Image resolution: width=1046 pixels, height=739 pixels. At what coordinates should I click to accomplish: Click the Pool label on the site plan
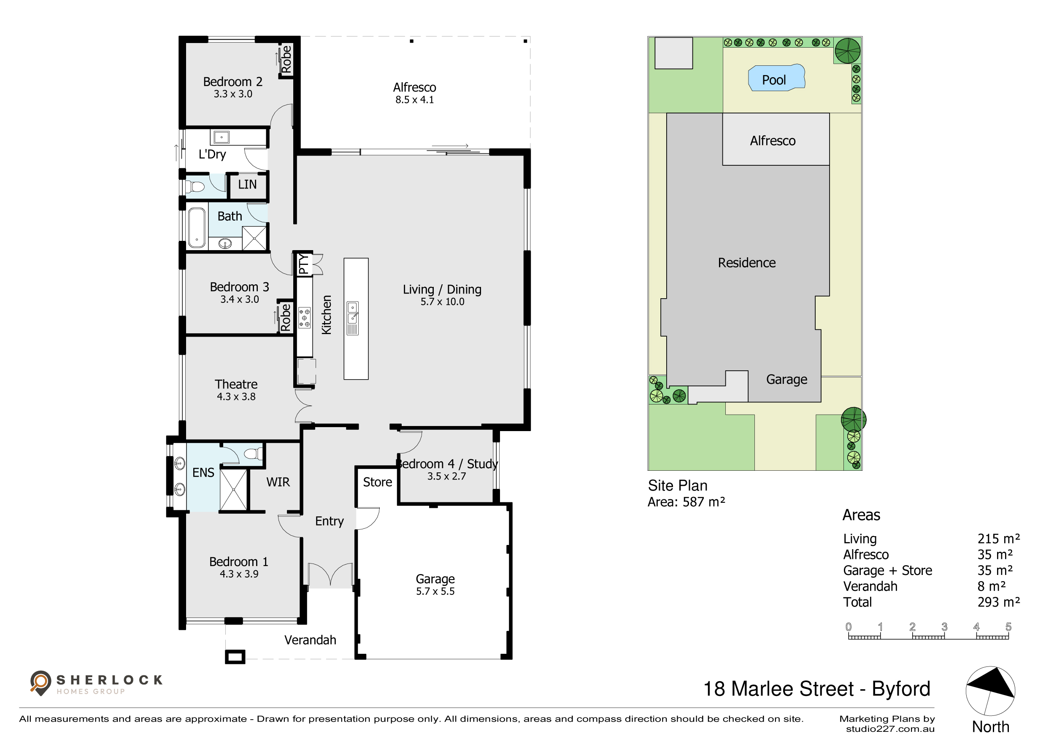point(773,80)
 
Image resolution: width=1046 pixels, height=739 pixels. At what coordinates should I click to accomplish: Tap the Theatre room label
point(236,384)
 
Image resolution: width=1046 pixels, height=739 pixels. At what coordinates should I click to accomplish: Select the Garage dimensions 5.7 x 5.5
point(435,591)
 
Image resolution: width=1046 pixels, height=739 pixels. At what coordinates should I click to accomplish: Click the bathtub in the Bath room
point(197,228)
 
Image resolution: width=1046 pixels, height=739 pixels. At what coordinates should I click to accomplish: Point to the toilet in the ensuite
point(253,453)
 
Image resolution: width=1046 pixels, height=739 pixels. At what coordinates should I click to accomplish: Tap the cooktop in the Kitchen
point(304,318)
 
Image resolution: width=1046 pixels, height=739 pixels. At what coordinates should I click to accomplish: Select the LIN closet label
point(247,184)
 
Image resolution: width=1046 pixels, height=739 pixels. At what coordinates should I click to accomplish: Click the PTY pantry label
point(303,264)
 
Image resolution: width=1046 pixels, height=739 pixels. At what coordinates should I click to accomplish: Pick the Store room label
point(377,482)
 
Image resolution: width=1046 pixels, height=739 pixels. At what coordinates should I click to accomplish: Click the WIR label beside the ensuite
point(278,482)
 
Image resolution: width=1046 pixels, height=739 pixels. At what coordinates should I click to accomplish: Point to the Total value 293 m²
point(998,602)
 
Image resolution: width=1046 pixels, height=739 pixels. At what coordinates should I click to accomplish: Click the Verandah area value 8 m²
point(991,586)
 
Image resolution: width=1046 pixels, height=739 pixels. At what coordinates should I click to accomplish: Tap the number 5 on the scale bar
point(1008,626)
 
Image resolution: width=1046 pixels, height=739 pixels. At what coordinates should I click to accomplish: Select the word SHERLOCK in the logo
point(109,680)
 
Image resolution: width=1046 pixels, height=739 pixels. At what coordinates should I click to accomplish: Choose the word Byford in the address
point(901,689)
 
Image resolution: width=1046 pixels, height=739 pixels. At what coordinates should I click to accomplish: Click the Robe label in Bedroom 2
point(286,59)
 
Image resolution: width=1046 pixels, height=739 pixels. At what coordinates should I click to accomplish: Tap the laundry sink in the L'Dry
point(222,137)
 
